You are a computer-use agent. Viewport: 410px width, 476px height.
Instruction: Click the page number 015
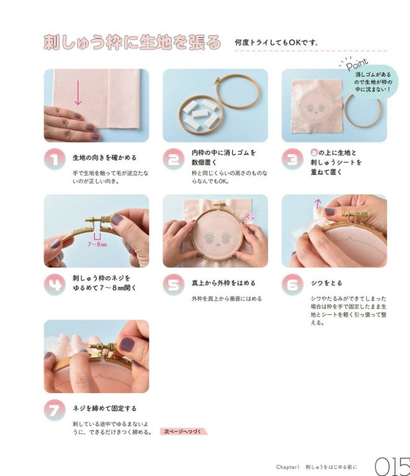click(392, 465)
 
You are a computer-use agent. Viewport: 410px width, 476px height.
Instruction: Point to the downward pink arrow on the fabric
click(78, 93)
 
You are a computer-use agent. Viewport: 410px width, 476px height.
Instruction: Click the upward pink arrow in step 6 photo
click(318, 203)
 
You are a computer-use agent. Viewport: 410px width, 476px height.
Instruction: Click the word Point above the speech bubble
click(357, 64)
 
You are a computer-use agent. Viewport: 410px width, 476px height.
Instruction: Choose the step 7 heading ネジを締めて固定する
click(105, 408)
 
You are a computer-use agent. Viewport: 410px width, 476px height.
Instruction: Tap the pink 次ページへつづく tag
click(184, 431)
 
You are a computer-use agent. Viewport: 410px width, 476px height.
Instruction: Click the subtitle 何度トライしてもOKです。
click(276, 43)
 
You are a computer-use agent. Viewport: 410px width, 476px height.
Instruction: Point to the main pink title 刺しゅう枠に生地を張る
click(132, 42)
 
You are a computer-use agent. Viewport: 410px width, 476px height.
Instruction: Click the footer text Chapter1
click(288, 466)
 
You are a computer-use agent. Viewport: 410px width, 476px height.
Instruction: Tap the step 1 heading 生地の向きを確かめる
click(105, 157)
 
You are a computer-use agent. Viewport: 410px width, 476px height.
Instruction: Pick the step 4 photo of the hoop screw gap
click(96, 231)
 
